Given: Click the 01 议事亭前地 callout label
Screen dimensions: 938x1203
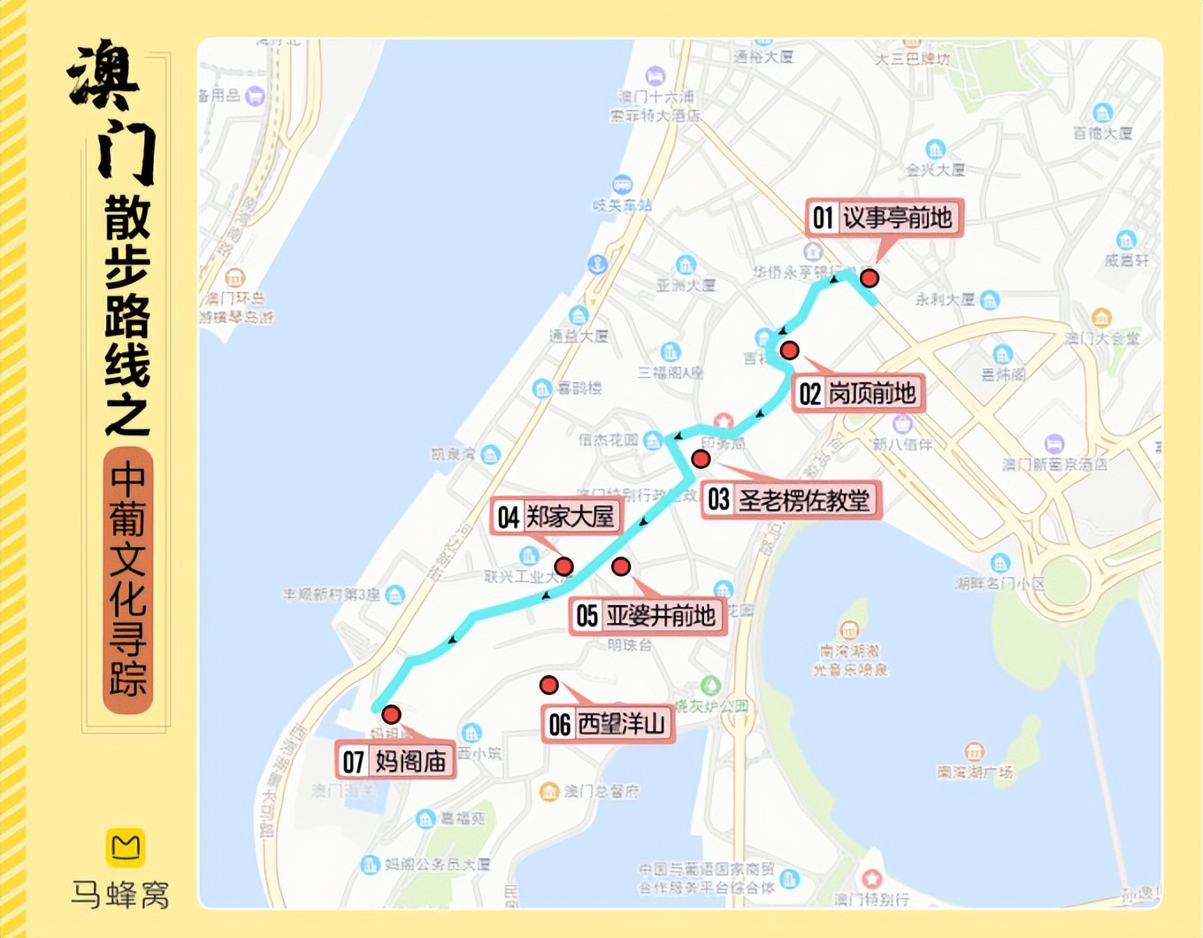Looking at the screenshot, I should [x=884, y=218].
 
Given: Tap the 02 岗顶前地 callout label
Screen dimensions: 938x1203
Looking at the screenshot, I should [x=857, y=393].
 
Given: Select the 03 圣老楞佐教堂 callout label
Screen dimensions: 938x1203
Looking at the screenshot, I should [x=791, y=500].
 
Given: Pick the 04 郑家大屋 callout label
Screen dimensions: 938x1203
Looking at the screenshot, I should [x=556, y=517].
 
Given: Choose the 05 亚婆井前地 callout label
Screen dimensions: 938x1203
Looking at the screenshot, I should [x=646, y=615].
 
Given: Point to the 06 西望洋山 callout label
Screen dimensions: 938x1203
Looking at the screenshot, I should [x=607, y=725].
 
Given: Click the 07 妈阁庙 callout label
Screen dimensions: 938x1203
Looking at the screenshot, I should [x=395, y=761].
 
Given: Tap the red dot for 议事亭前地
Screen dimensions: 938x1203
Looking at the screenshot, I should [x=870, y=279].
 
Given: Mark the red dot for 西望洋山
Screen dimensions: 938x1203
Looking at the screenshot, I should [x=548, y=685].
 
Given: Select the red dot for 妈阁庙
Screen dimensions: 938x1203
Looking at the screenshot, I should [x=391, y=714].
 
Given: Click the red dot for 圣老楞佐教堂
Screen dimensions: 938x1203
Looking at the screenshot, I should [x=701, y=458].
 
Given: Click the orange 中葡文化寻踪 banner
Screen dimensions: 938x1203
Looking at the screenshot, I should [x=128, y=580].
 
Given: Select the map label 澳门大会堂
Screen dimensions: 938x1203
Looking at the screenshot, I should [x=1102, y=338].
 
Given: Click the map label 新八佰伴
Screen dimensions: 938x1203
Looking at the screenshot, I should [x=902, y=444].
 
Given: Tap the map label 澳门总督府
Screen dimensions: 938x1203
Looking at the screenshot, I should [x=601, y=791].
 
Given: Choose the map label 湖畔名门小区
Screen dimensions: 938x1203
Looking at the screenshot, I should [x=1000, y=583].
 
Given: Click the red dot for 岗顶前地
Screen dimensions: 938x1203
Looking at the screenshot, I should [x=789, y=350].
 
